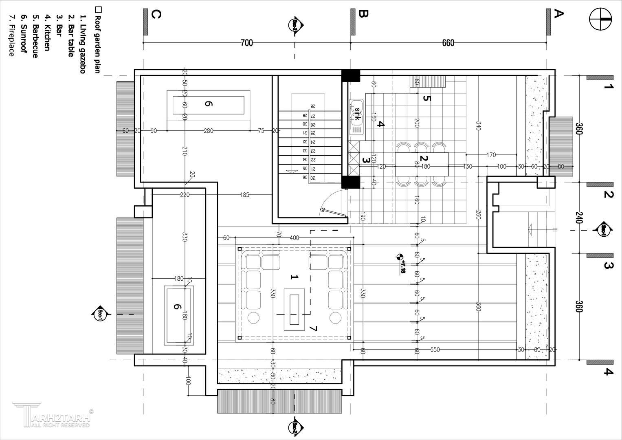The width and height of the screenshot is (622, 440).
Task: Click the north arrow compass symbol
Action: pyautogui.click(x=601, y=19)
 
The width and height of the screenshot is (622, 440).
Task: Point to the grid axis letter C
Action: pyautogui.click(x=156, y=14)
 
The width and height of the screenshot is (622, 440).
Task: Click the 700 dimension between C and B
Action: pyautogui.click(x=247, y=43)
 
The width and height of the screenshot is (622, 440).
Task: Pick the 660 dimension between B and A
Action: pyautogui.click(x=448, y=43)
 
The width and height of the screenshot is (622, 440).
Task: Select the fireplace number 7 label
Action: pyautogui.click(x=313, y=328)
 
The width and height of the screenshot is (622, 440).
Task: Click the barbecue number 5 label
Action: pyautogui.click(x=426, y=98)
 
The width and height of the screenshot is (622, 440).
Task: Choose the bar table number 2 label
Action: pyautogui.click(x=424, y=159)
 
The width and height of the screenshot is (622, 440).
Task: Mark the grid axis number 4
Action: pyautogui.click(x=608, y=372)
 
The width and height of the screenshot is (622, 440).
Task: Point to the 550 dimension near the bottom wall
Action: pyautogui.click(x=435, y=350)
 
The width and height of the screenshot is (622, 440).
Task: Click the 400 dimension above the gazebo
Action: pyautogui.click(x=294, y=238)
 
